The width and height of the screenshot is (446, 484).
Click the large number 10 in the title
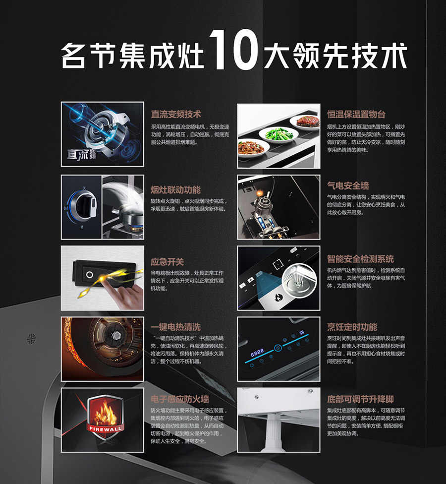233,50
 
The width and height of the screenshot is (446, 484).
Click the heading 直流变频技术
176,114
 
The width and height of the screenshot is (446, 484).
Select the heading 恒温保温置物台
356,114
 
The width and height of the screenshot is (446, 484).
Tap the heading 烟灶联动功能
175,189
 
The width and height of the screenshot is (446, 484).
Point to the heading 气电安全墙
348,185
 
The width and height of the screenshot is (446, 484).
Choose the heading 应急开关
167,262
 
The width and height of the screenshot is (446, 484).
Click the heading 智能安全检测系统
361,259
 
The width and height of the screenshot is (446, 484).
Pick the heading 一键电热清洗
175,327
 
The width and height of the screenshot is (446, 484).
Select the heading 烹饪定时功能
352,327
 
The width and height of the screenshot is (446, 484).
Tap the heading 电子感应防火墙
180,399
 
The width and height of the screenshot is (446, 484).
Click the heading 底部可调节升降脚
361,399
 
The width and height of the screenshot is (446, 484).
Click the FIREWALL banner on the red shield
106,428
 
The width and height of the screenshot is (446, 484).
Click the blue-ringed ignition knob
82,205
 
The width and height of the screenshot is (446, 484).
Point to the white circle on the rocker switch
89,274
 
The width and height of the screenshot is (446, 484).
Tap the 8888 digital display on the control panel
257,352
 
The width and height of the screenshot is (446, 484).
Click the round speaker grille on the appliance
31,339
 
